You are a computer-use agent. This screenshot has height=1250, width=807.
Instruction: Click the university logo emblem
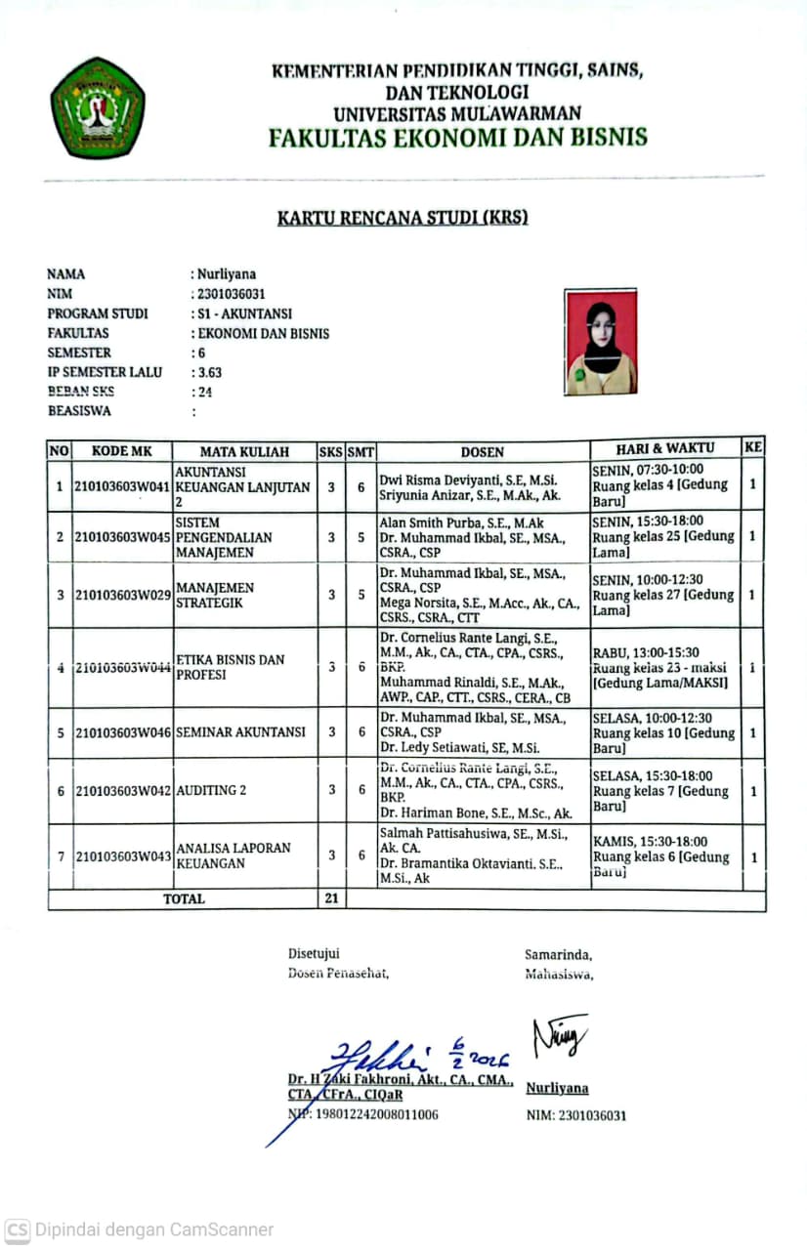click(x=98, y=108)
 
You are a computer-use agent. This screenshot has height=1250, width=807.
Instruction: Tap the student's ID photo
click(x=601, y=342)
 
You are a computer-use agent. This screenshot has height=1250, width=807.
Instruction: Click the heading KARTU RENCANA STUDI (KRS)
click(x=403, y=217)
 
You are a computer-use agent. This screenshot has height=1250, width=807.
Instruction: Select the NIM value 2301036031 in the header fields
click(x=232, y=294)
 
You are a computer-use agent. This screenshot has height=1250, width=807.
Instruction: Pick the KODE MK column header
click(x=122, y=451)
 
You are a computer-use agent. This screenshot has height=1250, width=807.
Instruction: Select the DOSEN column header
click(x=483, y=451)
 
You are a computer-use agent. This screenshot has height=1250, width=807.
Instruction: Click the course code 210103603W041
click(x=122, y=486)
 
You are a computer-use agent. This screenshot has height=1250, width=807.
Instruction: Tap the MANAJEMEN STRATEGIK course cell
click(x=215, y=595)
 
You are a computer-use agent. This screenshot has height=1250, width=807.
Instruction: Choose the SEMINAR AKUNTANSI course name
click(x=240, y=732)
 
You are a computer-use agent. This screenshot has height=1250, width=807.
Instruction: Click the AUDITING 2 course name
click(x=205, y=790)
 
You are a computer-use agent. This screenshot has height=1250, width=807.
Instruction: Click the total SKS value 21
click(x=331, y=898)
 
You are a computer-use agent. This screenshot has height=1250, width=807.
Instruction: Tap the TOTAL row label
click(x=184, y=898)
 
